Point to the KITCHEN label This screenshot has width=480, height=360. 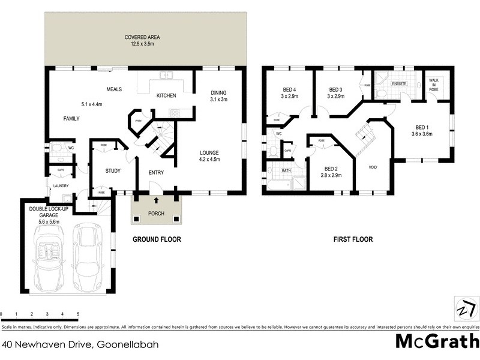[166, 96]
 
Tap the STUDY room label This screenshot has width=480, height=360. [113, 171]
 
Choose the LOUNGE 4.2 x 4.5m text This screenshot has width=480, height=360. [210, 156]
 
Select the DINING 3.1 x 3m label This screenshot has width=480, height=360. [218, 96]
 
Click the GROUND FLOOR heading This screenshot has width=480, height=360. [157, 239]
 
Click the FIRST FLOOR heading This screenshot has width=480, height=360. [353, 239]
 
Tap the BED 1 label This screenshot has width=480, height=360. [422, 130]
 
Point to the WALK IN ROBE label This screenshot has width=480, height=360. [433, 85]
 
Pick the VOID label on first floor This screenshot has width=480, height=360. [372, 167]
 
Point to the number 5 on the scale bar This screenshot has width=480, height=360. [78, 314]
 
